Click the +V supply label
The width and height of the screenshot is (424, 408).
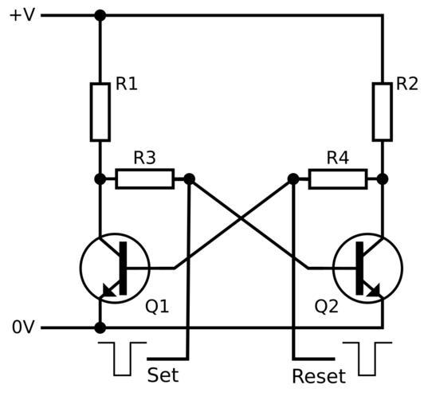22,15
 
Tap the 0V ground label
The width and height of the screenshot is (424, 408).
23,327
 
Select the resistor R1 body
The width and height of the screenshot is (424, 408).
100,112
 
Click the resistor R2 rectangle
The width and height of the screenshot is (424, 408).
383,112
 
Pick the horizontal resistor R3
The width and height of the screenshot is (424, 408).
145,178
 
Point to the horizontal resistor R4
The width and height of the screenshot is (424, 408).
338,178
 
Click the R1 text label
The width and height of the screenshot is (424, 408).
127,84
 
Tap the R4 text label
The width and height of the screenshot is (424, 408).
338,158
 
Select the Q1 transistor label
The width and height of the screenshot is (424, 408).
157,307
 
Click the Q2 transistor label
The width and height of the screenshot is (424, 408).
327,307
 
